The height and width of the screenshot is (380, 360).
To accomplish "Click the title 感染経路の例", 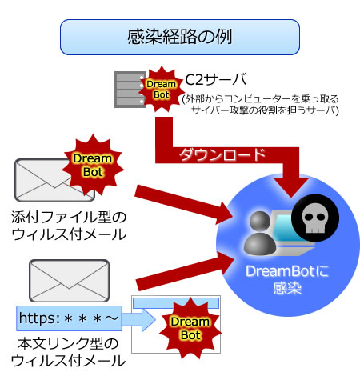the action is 179,37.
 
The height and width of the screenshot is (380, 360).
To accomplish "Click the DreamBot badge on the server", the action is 162,90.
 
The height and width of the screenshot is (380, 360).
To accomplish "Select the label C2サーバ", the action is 216,79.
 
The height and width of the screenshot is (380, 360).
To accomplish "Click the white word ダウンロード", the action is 222,155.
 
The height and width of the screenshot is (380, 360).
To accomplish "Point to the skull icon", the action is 315,218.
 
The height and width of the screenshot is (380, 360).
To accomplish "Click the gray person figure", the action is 260,233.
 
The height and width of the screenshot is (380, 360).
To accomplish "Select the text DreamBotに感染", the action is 287,279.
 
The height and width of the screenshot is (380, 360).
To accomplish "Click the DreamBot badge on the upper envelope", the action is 93,166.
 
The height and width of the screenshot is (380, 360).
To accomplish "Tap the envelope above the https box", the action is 69,281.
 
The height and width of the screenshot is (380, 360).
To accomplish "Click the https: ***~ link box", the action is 69,318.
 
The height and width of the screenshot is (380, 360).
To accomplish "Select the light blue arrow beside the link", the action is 138,320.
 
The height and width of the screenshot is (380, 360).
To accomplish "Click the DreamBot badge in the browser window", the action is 190,328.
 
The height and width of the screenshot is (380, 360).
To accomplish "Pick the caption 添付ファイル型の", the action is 69,217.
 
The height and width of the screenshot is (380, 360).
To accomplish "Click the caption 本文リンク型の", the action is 68,343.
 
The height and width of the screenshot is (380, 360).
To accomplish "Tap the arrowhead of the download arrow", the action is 291,186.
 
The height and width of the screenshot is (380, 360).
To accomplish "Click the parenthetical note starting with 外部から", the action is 261,104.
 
